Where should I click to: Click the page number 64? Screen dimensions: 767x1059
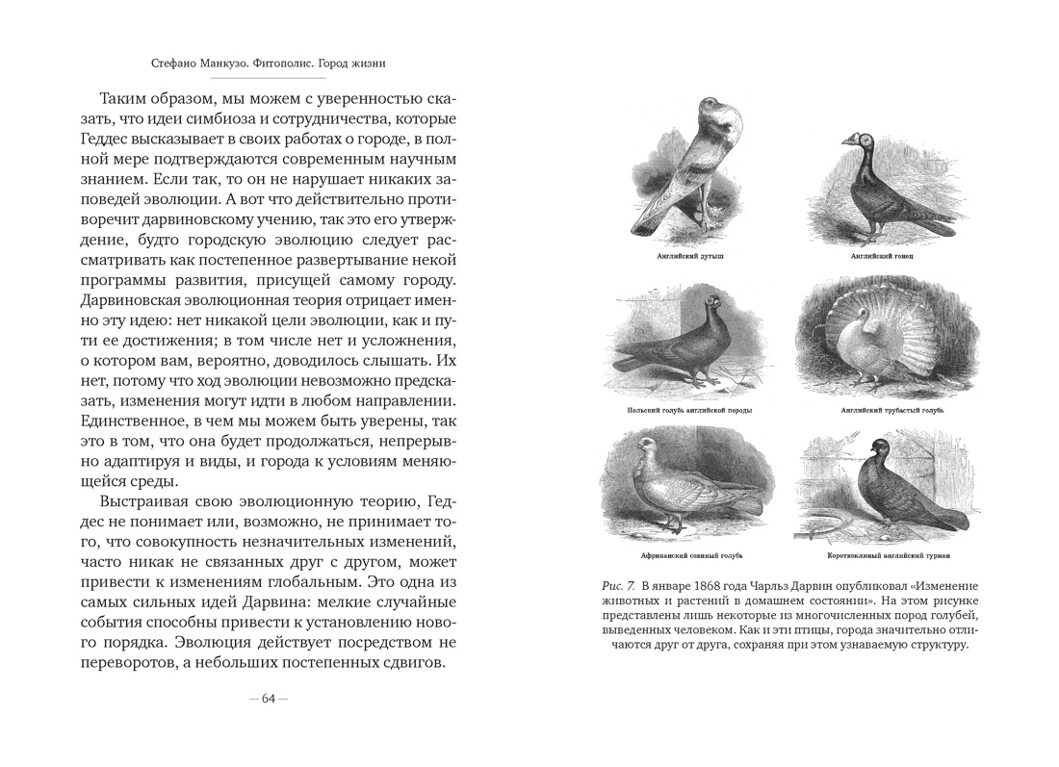(269, 699)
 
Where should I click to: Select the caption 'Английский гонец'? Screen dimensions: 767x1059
(874, 258)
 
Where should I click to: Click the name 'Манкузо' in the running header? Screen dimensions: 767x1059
(231, 64)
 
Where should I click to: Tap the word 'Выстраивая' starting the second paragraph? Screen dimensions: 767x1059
(142, 503)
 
